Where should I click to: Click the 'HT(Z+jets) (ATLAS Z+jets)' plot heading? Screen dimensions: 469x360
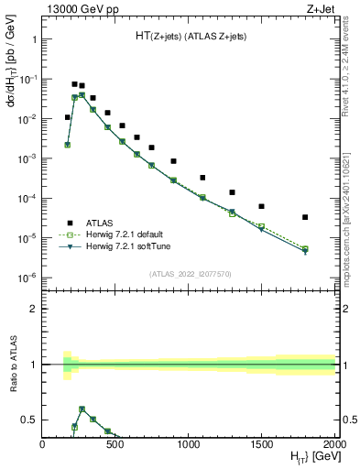point(190,36)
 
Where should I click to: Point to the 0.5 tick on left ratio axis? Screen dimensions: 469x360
point(29,420)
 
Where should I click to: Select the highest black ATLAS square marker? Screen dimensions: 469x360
point(74,84)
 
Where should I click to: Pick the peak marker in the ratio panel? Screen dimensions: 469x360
point(82,409)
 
